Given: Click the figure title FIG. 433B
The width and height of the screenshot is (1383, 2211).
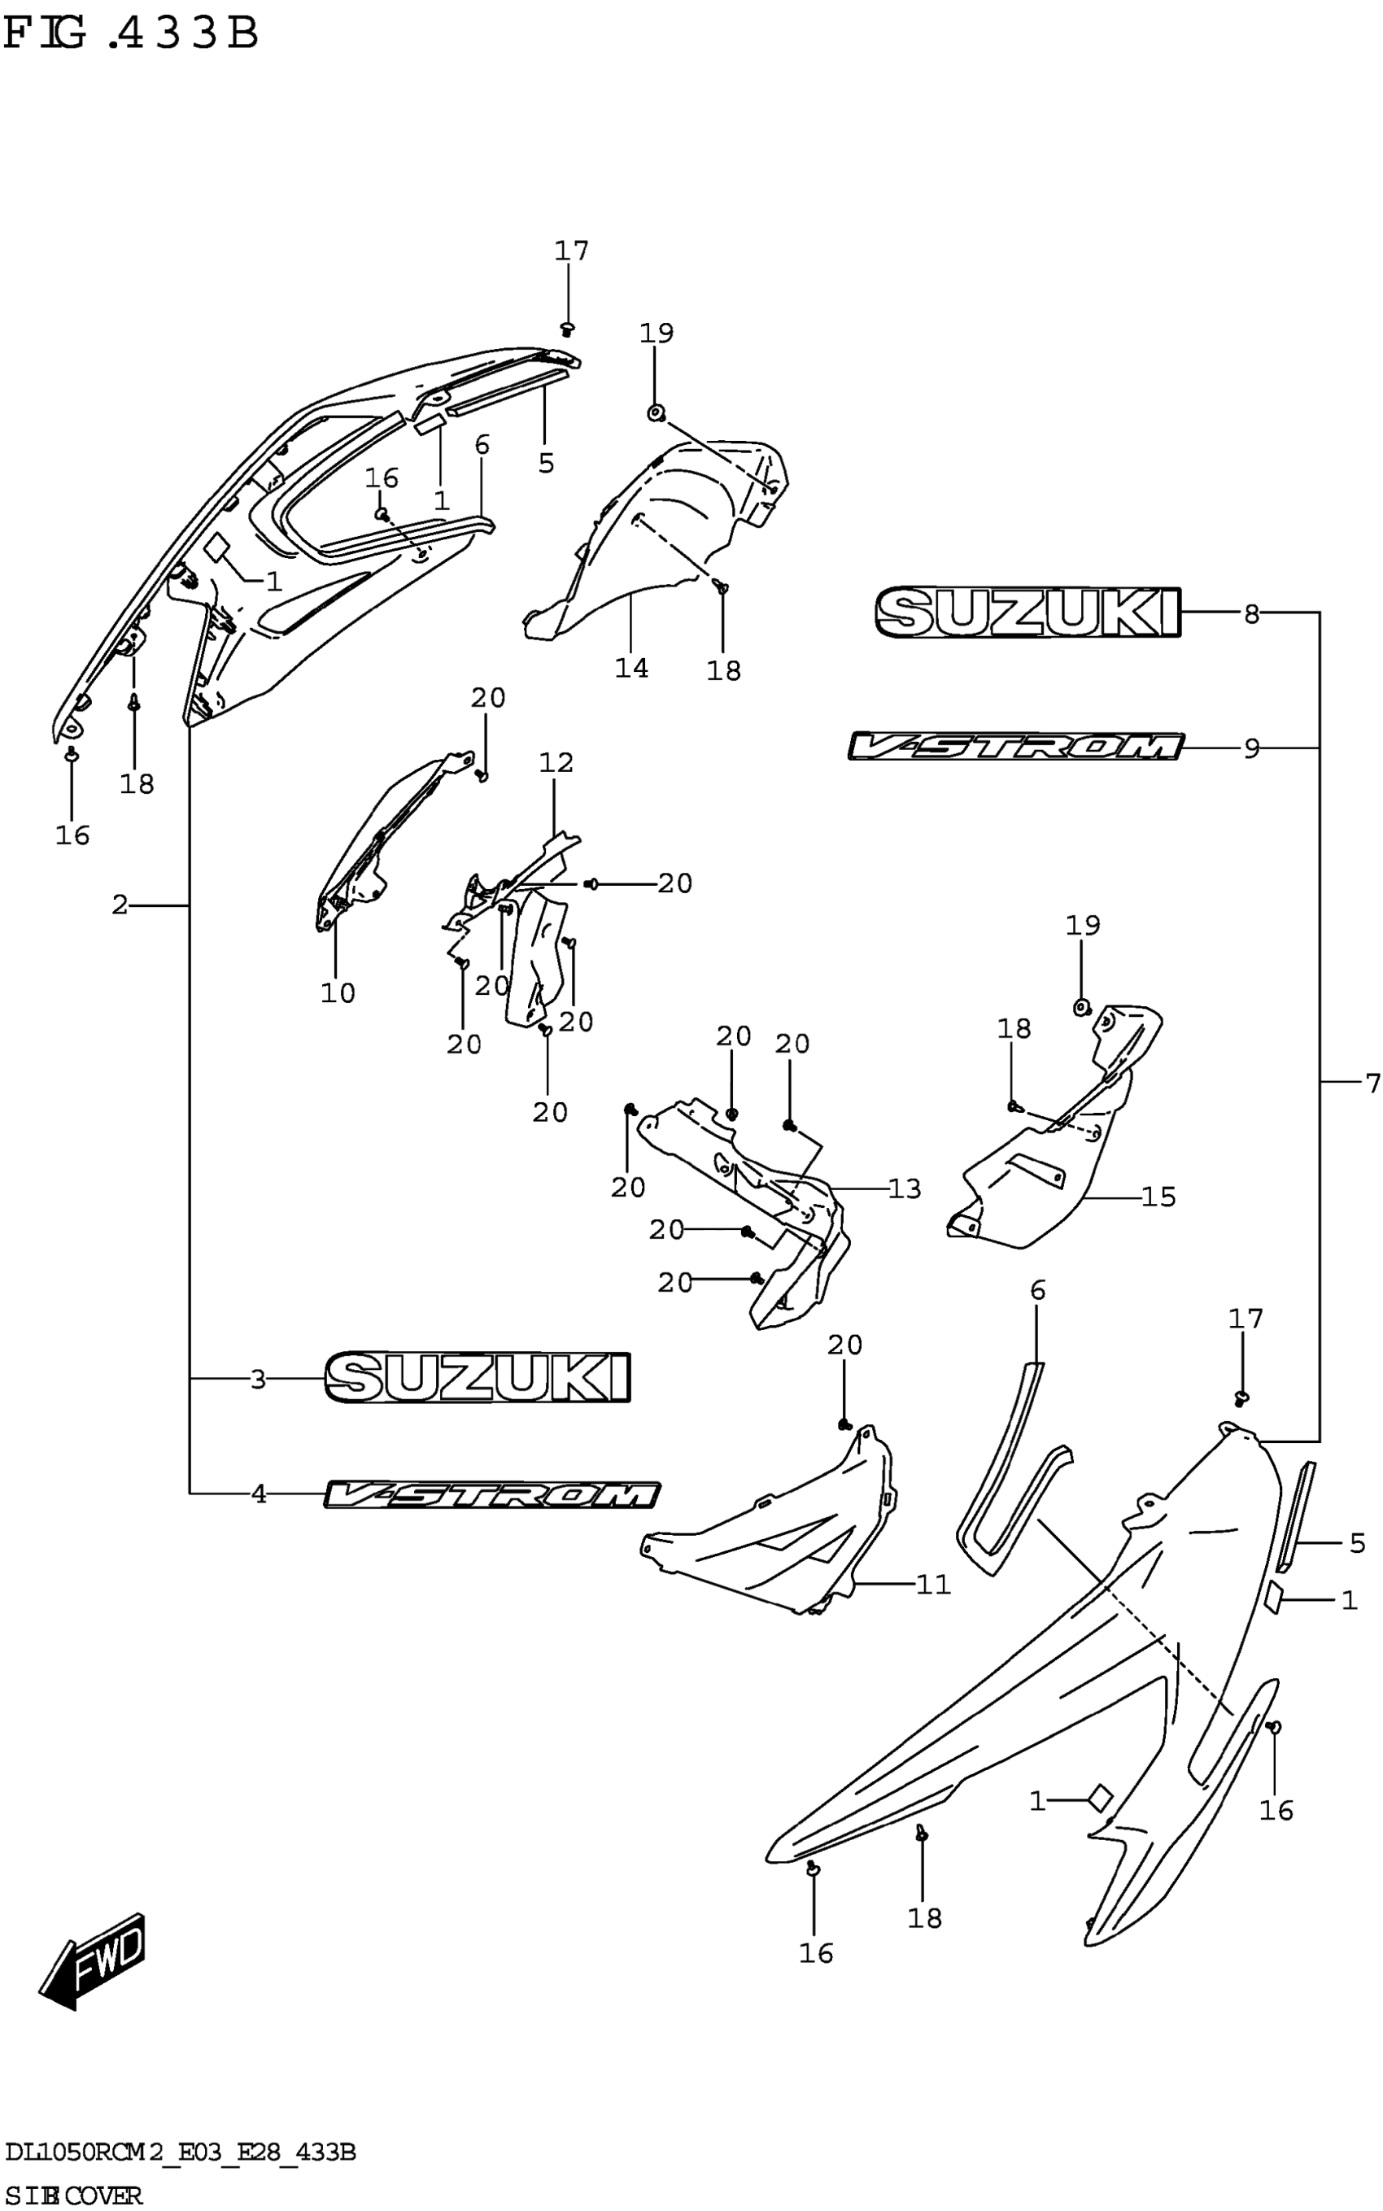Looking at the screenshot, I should pos(130,34).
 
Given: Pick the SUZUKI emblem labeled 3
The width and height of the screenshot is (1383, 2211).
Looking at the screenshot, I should pos(478,1378).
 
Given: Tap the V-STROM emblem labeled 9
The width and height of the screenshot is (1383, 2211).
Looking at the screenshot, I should pos(1015,747).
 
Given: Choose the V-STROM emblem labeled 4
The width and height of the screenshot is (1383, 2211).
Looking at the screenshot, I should pos(492,1494).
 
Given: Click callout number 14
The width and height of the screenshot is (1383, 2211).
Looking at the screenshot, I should pos(631,668).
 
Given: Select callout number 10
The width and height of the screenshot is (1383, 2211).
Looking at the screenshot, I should pos(338,992).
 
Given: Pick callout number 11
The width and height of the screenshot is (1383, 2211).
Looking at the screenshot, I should pos(933,1584).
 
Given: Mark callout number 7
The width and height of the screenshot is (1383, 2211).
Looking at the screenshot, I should pos(1371,1084).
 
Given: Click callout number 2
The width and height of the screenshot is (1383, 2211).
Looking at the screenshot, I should pos(120,905).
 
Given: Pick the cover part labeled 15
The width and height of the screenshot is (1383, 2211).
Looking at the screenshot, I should pos(1043,1180).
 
